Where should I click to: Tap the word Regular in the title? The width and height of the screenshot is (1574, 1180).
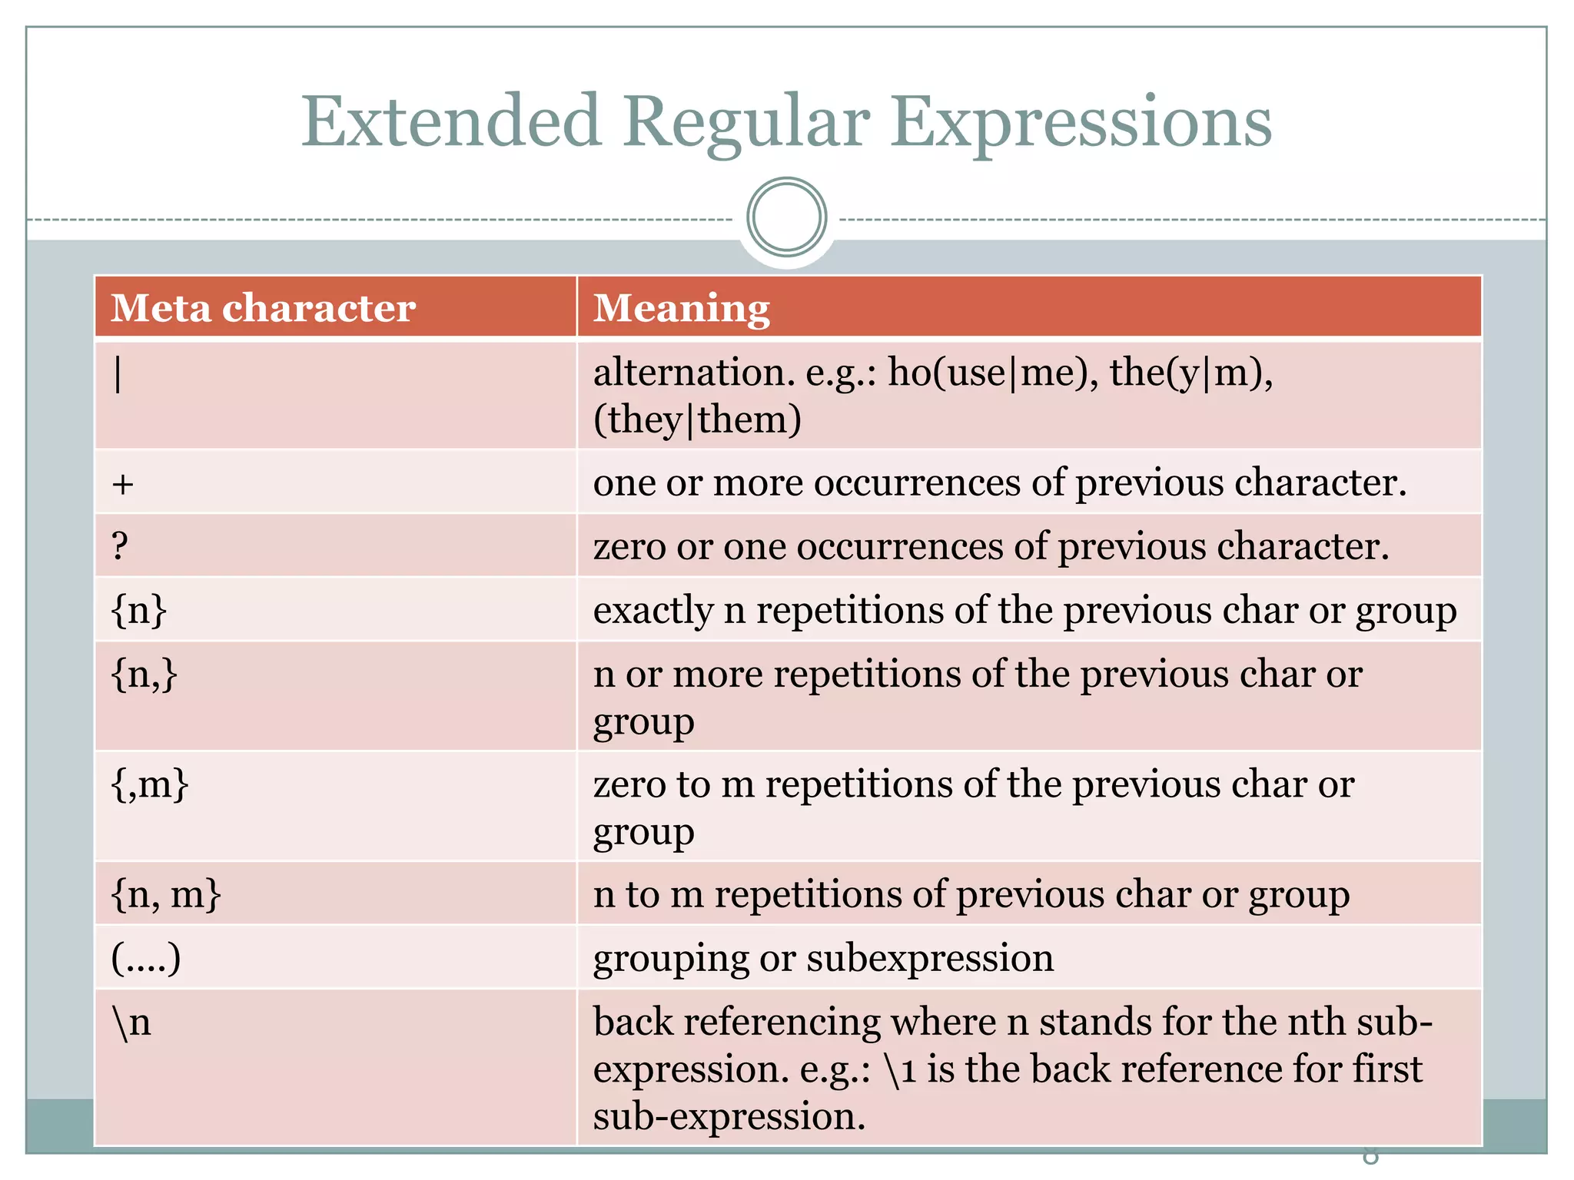pos(745,123)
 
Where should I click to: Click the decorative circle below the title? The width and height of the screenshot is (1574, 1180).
pos(786,217)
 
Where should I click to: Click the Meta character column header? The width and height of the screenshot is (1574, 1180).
pos(263,308)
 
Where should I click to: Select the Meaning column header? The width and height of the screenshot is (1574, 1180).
pos(681,308)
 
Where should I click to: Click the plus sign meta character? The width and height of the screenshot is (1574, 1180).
pos(123,484)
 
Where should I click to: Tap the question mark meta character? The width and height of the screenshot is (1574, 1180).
pos(120,546)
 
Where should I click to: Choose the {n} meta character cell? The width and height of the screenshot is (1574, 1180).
pos(139,611)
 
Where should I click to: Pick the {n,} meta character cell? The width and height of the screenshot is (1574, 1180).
pos(144,675)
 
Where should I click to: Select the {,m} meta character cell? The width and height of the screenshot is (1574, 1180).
pos(150,784)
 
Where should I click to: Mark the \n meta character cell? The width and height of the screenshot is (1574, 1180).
pos(131,1023)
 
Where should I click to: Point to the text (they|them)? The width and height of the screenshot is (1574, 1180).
pos(697,420)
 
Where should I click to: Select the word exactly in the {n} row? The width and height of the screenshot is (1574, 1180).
pos(653,612)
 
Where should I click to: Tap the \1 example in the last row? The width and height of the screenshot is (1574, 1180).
pos(900,1069)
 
